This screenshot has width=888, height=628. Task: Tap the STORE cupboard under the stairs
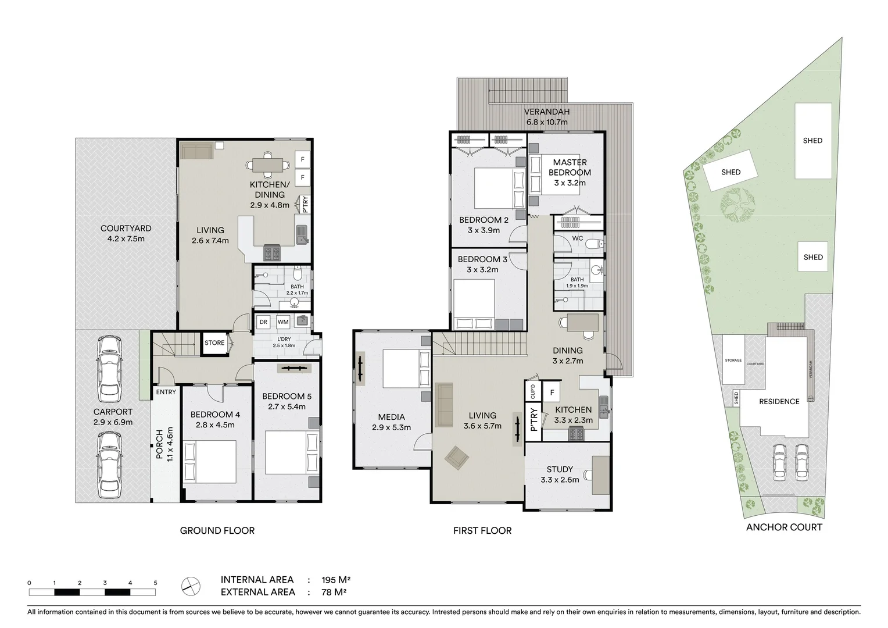click(214, 343)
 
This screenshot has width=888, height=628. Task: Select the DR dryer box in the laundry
click(263, 322)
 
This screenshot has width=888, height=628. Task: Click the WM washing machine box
click(282, 322)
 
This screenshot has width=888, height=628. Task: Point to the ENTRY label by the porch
click(166, 392)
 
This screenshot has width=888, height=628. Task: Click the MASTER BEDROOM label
click(570, 167)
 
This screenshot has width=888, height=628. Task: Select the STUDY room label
click(560, 469)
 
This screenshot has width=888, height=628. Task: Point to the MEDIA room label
click(391, 417)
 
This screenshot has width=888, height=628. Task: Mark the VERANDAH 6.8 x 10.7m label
click(546, 117)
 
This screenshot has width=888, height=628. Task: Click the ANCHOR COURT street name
click(784, 527)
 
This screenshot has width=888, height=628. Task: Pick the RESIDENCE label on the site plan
click(779, 402)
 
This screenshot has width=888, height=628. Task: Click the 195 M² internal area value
click(336, 580)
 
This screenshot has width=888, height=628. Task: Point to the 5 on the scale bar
click(155, 583)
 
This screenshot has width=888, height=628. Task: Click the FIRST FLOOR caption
click(482, 530)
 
